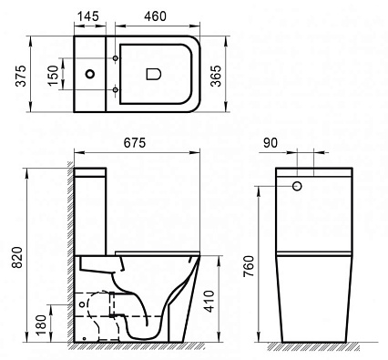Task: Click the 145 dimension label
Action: coord(88,16)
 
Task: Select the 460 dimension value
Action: coord(156,16)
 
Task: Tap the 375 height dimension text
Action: coord(22,76)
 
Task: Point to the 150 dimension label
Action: coord(54,76)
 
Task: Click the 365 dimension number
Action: coord(216,76)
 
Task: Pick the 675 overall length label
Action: coord(135,143)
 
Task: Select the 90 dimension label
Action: coord(271,143)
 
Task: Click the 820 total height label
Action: coord(17,257)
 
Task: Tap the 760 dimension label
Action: coord(249,266)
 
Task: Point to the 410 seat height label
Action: coord(209,301)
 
